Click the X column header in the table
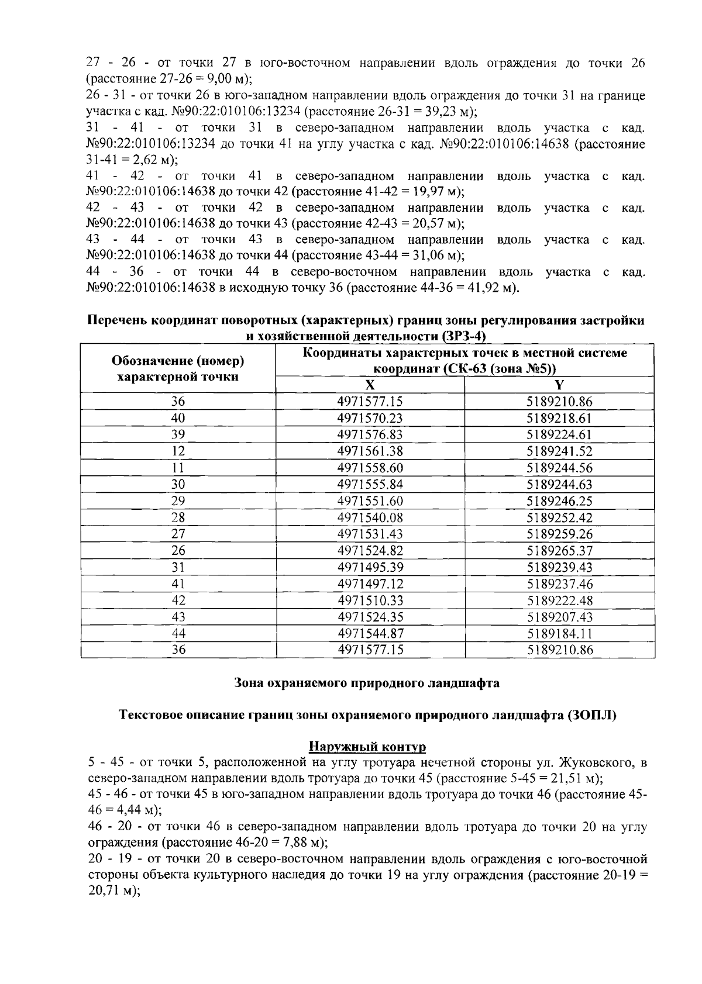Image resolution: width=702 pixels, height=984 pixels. click(x=370, y=385)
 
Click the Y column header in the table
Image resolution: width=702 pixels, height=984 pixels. click(x=560, y=385)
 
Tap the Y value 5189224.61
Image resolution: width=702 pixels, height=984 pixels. click(x=560, y=434)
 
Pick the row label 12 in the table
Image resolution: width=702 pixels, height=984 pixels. click(x=178, y=451)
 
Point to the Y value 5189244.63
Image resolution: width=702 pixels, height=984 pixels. click(x=560, y=484)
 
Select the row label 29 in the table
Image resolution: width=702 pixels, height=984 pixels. click(x=178, y=501)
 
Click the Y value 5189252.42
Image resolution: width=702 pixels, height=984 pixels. click(x=560, y=517)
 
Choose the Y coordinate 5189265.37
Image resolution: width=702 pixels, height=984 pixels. click(x=560, y=551)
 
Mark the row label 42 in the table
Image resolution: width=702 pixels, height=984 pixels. click(x=178, y=600)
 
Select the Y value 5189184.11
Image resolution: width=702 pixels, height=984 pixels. click(x=560, y=633)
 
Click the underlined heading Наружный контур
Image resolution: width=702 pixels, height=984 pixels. click(x=367, y=747)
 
